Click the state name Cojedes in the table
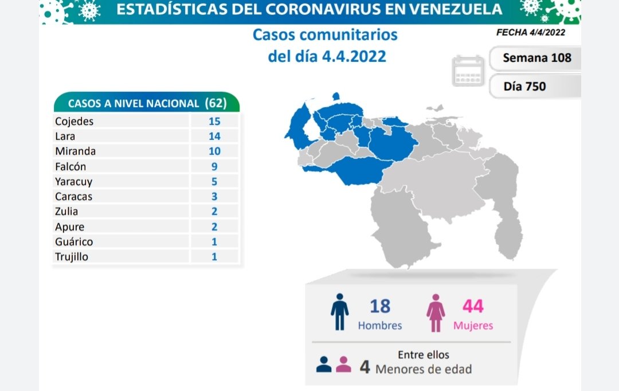pos(74,121)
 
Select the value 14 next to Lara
pos(214,136)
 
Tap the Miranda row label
pos(75,151)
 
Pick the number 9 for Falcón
pos(214,166)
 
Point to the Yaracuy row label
pos(73,181)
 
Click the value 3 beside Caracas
pos(214,196)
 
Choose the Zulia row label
pos(66,212)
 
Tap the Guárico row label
pos(74,241)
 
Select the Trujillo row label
pos(72,256)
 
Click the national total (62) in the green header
pos(216,103)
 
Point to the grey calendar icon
pos(468,71)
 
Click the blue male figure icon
pos(339,312)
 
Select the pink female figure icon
pos(436,312)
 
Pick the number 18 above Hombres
pos(379,306)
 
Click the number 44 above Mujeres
pos(473,306)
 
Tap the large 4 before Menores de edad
pos(365,367)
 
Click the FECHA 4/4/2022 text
pos(530,32)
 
